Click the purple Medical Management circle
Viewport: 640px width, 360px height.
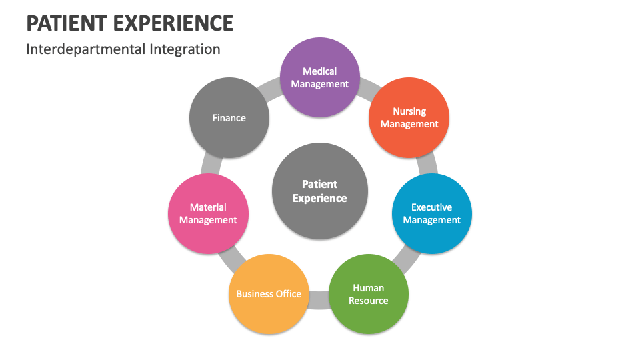coord(319,77)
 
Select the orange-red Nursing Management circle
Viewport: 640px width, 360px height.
coord(409,118)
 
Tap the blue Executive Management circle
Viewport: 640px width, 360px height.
coord(431,214)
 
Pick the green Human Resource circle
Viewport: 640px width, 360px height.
coord(369,294)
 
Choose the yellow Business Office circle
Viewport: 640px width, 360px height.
coord(269,294)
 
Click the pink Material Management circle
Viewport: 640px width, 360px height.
coord(208,214)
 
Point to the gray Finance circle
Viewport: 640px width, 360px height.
coord(229,118)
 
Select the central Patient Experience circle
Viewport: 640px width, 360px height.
coord(320,191)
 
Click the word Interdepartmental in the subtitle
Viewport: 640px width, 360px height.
coord(83,49)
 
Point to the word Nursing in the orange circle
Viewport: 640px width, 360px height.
coord(409,111)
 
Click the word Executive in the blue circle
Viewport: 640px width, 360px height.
coord(431,207)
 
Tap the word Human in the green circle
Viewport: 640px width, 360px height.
coord(369,288)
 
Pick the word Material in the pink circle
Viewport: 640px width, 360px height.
coord(208,207)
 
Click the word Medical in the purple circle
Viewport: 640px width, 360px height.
coord(320,71)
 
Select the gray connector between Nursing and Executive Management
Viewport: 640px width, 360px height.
coord(427,163)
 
